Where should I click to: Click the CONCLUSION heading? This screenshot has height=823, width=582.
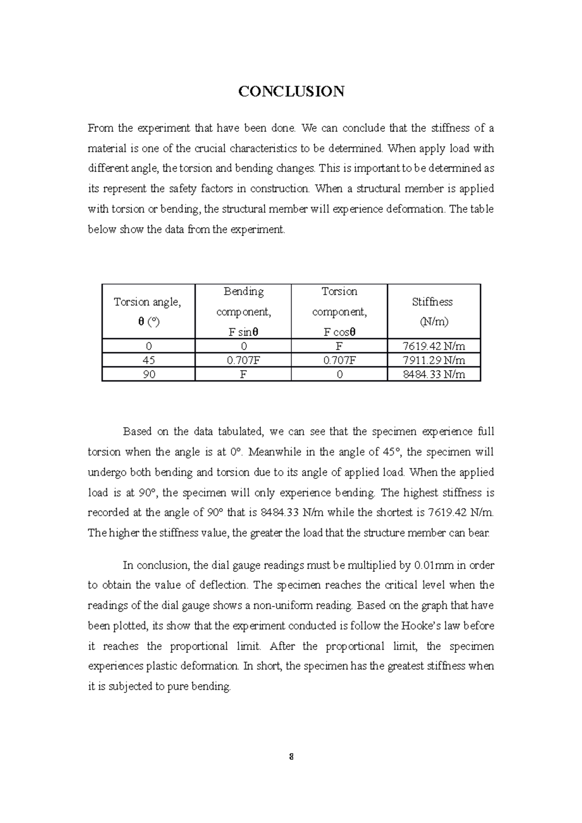[291, 91]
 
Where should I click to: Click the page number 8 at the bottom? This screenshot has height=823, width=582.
[291, 757]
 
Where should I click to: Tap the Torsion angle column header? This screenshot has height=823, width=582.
[147, 311]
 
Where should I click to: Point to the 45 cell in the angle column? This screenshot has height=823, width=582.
[148, 360]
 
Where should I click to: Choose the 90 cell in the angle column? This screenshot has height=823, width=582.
[148, 374]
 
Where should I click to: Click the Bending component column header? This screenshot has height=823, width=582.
[243, 311]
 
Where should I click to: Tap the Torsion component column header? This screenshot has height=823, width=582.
[339, 311]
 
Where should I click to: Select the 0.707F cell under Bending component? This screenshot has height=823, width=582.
[243, 360]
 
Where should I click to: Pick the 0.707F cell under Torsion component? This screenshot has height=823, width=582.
[339, 360]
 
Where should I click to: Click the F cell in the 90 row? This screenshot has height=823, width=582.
[243, 374]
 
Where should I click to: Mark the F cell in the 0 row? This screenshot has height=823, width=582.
[339, 346]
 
